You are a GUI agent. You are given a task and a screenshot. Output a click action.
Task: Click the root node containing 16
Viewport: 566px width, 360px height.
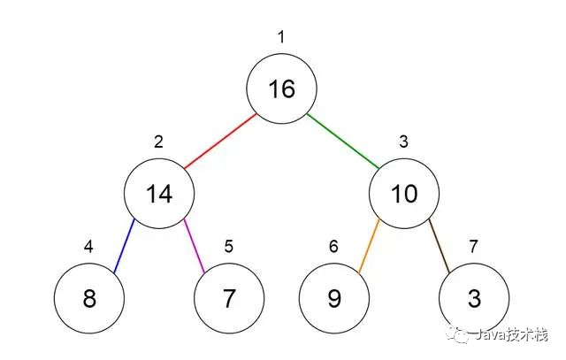tap(281, 88)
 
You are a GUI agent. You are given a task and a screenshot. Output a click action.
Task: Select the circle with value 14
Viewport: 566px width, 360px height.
tap(159, 193)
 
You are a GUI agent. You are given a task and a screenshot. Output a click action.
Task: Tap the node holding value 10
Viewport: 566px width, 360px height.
tap(404, 193)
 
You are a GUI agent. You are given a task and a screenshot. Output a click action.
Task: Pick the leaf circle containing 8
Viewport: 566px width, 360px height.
tap(89, 298)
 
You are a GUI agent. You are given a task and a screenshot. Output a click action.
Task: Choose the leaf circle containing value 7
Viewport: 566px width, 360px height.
tap(229, 298)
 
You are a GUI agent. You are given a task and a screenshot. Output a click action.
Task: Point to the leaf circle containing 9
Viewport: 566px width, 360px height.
tap(334, 298)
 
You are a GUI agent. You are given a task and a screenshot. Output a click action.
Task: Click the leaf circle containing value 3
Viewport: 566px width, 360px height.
tap(474, 298)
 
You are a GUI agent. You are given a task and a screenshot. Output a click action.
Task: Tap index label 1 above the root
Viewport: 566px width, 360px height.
tap(281, 37)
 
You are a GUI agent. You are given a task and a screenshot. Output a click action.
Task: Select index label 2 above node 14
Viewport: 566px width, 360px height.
tap(158, 142)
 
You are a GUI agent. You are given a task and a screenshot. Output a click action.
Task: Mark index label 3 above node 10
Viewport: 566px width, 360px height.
tap(404, 142)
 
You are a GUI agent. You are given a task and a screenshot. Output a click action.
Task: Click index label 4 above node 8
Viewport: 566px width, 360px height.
tap(88, 246)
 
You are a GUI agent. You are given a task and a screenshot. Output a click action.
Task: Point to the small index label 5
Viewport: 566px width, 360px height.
tap(229, 246)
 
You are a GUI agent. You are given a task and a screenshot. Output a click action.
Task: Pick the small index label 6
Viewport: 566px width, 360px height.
tap(334, 246)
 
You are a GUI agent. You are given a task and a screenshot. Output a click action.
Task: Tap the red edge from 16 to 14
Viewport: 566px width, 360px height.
tap(220, 142)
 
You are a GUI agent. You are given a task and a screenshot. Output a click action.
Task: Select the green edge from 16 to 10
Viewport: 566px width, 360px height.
tap(343, 142)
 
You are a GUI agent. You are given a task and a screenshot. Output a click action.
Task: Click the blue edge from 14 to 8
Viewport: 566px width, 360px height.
tap(124, 246)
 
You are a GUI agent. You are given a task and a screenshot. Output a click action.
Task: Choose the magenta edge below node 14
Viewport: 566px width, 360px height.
tap(195, 246)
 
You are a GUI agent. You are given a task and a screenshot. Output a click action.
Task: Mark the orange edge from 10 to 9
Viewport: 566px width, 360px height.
tap(370, 246)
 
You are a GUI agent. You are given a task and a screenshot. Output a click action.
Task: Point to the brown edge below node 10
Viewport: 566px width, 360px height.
tap(440, 246)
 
